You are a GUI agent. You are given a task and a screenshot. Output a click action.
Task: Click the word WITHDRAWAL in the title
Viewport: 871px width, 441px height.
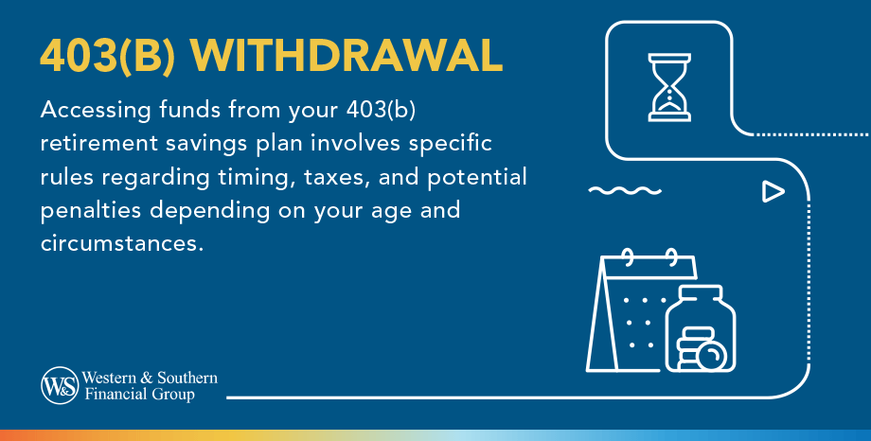click(346, 56)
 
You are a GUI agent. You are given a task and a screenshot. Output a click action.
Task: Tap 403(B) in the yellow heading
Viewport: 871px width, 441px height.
click(107, 56)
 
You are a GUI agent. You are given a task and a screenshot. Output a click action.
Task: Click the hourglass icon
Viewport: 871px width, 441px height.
click(669, 87)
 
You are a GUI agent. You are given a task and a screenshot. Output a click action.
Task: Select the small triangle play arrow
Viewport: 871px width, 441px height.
click(773, 191)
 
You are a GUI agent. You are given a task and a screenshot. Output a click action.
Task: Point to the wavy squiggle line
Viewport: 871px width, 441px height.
click(625, 191)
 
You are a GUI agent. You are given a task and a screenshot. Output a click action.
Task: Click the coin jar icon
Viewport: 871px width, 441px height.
click(700, 328)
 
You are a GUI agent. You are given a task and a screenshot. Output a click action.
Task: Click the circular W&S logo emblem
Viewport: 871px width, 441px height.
click(60, 385)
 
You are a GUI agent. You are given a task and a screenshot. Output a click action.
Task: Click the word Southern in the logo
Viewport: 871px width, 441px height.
click(187, 378)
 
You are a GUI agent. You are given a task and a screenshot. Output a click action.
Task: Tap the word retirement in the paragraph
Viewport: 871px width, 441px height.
click(98, 143)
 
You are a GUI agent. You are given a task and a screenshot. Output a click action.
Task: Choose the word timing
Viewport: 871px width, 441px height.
click(256, 178)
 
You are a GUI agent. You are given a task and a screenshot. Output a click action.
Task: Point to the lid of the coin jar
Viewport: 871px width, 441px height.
click(701, 293)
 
